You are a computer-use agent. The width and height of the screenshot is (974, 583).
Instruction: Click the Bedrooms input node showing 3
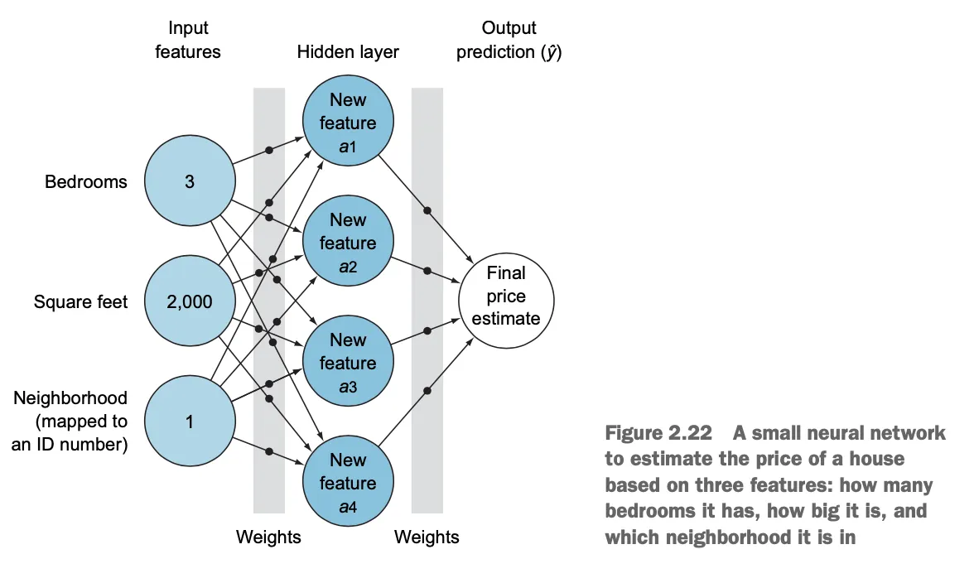pyautogui.click(x=190, y=181)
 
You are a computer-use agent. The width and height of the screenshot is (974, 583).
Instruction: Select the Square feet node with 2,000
pyautogui.click(x=190, y=301)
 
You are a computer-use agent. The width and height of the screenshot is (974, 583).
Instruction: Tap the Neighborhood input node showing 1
pyautogui.click(x=190, y=422)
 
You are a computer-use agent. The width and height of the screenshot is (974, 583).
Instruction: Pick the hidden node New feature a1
pyautogui.click(x=348, y=123)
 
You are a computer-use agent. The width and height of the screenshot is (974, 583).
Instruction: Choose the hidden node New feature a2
pyautogui.click(x=348, y=243)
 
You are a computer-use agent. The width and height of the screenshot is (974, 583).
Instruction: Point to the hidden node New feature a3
pyautogui.click(x=348, y=363)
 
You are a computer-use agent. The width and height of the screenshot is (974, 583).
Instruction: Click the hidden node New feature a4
pyautogui.click(x=348, y=483)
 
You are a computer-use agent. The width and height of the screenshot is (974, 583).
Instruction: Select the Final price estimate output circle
pyautogui.click(x=505, y=296)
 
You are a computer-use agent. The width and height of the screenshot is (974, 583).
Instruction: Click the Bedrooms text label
pyautogui.click(x=86, y=181)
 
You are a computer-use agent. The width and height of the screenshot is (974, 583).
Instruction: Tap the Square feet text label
pyautogui.click(x=81, y=301)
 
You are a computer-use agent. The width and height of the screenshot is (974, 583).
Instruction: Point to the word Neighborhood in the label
pyautogui.click(x=70, y=398)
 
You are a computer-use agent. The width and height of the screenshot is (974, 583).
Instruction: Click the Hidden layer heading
pyautogui.click(x=348, y=51)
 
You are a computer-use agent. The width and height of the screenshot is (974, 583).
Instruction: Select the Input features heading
pyautogui.click(x=188, y=40)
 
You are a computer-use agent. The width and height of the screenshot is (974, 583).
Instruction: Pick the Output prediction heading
pyautogui.click(x=509, y=40)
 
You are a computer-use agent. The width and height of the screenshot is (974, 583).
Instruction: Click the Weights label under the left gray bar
pyautogui.click(x=268, y=537)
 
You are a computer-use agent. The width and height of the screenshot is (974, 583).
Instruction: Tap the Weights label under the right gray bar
pyautogui.click(x=427, y=537)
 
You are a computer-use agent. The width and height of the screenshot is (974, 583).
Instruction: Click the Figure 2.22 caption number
pyautogui.click(x=659, y=433)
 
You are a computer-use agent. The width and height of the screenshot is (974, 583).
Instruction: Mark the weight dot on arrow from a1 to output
pyautogui.click(x=427, y=210)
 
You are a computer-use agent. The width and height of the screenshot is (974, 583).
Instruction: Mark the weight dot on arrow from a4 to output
pyautogui.click(x=427, y=391)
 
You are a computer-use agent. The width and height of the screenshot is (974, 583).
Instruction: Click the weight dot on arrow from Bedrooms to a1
pyautogui.click(x=269, y=151)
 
